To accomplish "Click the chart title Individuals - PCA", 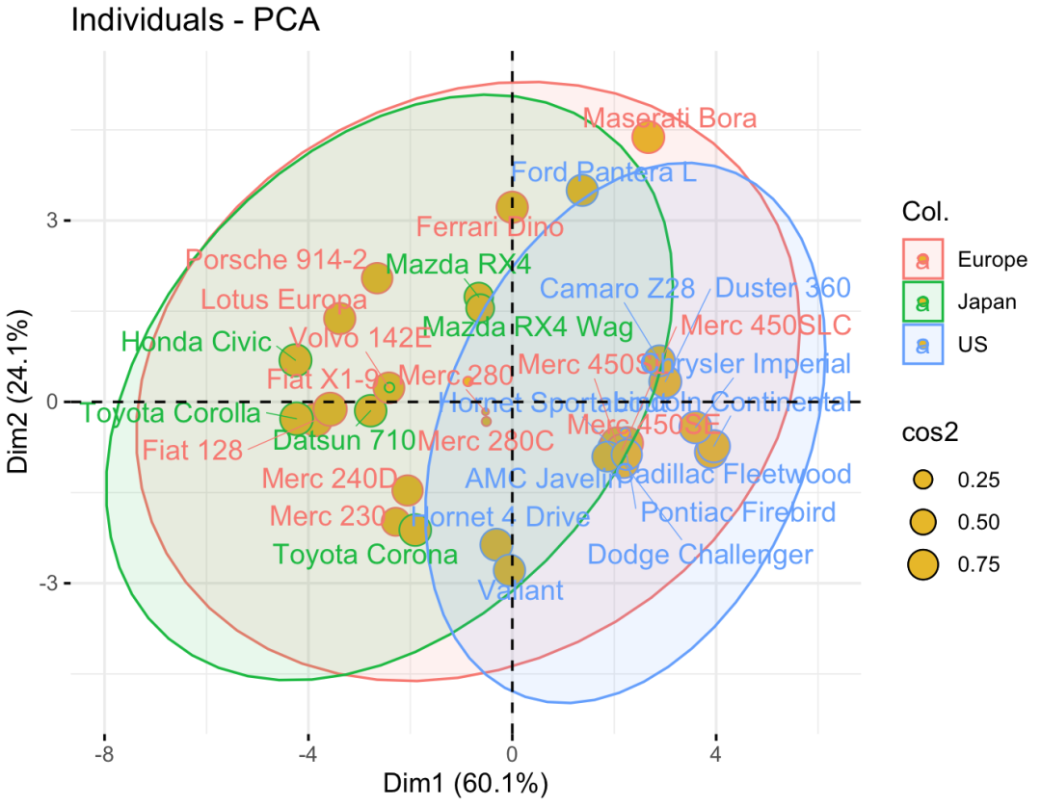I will coord(194,21).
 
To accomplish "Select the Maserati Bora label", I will coord(670,118).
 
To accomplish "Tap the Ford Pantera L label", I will coord(603,174).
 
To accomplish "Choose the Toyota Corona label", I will coord(364,555).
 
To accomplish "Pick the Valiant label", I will coord(520,589).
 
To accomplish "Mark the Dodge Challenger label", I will coord(700,555).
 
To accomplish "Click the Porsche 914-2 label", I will coord(277,260).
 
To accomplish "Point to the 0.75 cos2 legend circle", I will coord(923,564).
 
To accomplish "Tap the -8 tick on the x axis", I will coord(104,753).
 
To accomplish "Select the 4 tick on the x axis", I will coord(716,753).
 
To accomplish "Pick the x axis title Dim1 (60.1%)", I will coord(466,783).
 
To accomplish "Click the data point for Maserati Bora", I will coord(650,138).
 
